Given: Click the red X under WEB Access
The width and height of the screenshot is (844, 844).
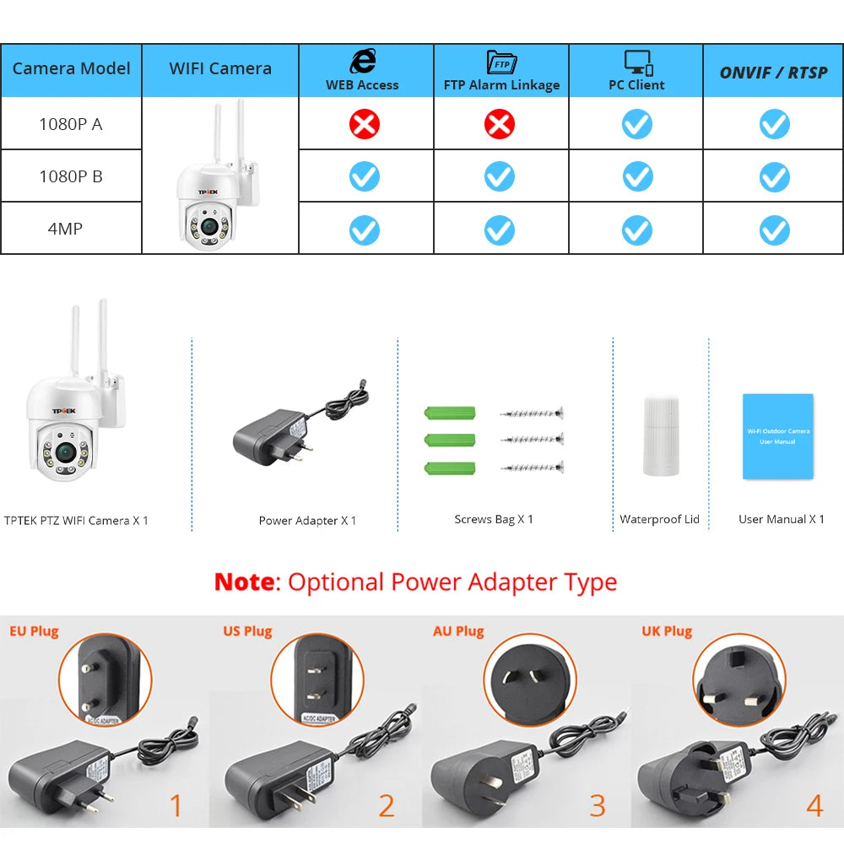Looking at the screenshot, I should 365,125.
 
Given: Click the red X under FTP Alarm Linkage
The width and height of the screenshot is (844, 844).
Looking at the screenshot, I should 500,125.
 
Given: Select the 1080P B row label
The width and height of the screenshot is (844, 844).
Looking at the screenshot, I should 71,176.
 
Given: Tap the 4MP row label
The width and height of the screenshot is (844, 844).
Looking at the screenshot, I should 65,229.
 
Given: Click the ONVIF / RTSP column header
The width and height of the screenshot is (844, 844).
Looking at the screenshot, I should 774,73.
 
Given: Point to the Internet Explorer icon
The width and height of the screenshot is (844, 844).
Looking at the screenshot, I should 363,62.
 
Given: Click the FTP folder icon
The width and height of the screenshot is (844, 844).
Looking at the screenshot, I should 501,62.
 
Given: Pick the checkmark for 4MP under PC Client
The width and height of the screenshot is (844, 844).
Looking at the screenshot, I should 637,230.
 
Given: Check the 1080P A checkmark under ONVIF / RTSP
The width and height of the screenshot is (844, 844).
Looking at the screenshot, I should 774,125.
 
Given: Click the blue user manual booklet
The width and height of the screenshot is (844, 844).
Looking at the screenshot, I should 777,436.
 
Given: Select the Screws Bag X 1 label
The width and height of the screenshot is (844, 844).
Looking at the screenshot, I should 494,519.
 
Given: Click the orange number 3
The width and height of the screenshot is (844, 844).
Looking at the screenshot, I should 598,806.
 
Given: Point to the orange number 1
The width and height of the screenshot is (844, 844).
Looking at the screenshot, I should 176,806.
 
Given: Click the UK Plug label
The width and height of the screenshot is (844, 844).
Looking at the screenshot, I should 666,631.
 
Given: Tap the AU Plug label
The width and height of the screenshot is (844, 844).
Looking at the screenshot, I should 458,631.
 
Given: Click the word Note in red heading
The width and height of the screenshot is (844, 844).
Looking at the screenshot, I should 245,582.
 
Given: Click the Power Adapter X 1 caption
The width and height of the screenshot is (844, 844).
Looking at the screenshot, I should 307,521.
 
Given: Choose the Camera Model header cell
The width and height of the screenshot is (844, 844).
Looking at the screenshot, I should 72,68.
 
